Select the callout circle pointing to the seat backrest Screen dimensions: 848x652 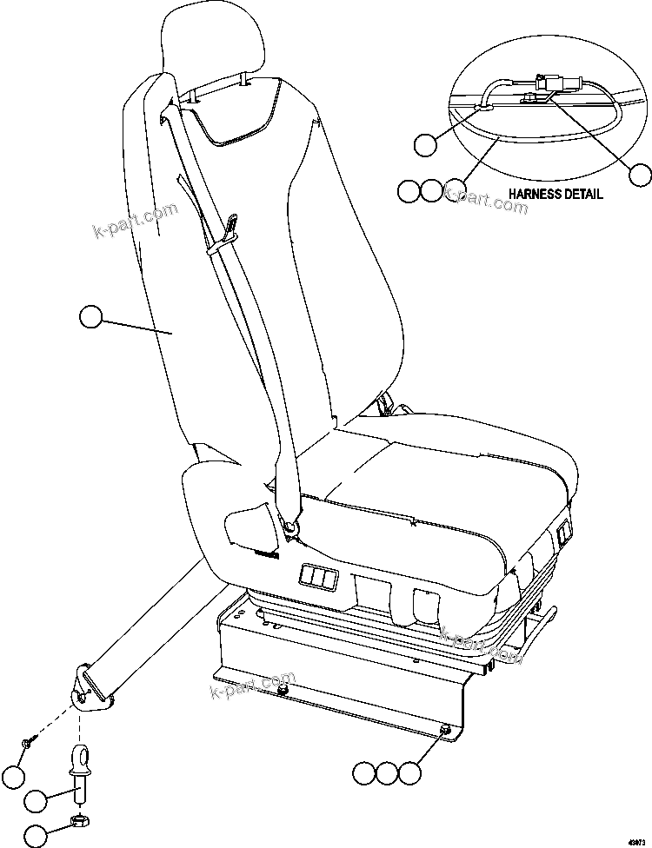(x=90, y=318)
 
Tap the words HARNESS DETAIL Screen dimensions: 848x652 (x=556, y=194)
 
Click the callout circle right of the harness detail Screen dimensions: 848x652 (x=641, y=175)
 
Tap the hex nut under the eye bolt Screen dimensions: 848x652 (x=77, y=819)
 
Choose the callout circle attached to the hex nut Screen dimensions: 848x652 (x=36, y=835)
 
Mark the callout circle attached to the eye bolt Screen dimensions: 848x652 (x=36, y=800)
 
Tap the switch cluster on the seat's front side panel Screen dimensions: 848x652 (x=316, y=575)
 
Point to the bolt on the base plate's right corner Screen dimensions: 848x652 (x=445, y=731)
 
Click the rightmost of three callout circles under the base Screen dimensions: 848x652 (x=409, y=771)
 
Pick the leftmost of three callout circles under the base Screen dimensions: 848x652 (x=364, y=771)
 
